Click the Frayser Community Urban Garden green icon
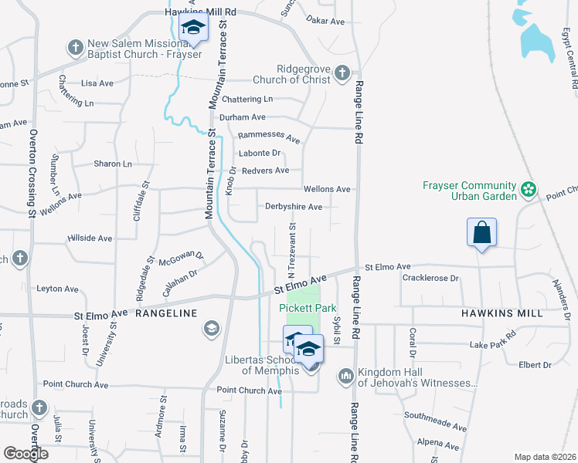tap(529, 189)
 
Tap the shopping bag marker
tap(481, 231)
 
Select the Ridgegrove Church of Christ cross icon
tap(342, 73)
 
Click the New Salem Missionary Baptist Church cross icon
tap(75, 49)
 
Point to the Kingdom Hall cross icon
tap(345, 377)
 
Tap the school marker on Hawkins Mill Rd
tap(192, 30)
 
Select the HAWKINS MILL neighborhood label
tap(504, 314)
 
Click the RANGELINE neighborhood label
tap(166, 313)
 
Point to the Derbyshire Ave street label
tap(294, 207)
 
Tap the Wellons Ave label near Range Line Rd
tap(327, 189)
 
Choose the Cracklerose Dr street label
tap(430, 278)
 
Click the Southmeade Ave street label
tap(436, 421)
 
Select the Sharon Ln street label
tap(113, 164)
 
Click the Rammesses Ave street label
tap(269, 137)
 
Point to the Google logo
tap(25, 454)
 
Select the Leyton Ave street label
tap(57, 289)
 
